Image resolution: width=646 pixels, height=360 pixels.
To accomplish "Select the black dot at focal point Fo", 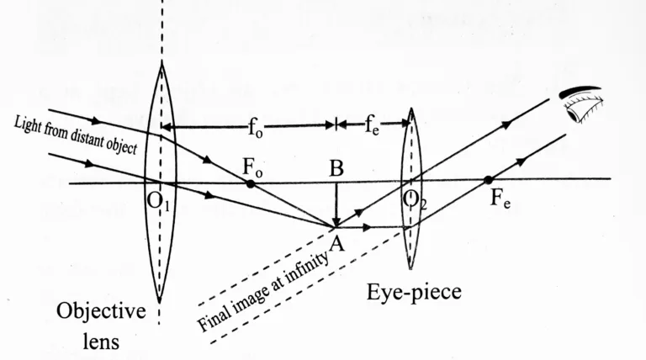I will [x=250, y=183].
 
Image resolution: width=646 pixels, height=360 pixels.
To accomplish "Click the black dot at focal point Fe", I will [x=488, y=179].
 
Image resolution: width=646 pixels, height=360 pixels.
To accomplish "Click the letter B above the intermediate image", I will [x=336, y=167].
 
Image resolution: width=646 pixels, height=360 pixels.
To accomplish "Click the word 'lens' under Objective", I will [x=100, y=341].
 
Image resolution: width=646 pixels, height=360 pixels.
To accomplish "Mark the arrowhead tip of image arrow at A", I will [x=336, y=225].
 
